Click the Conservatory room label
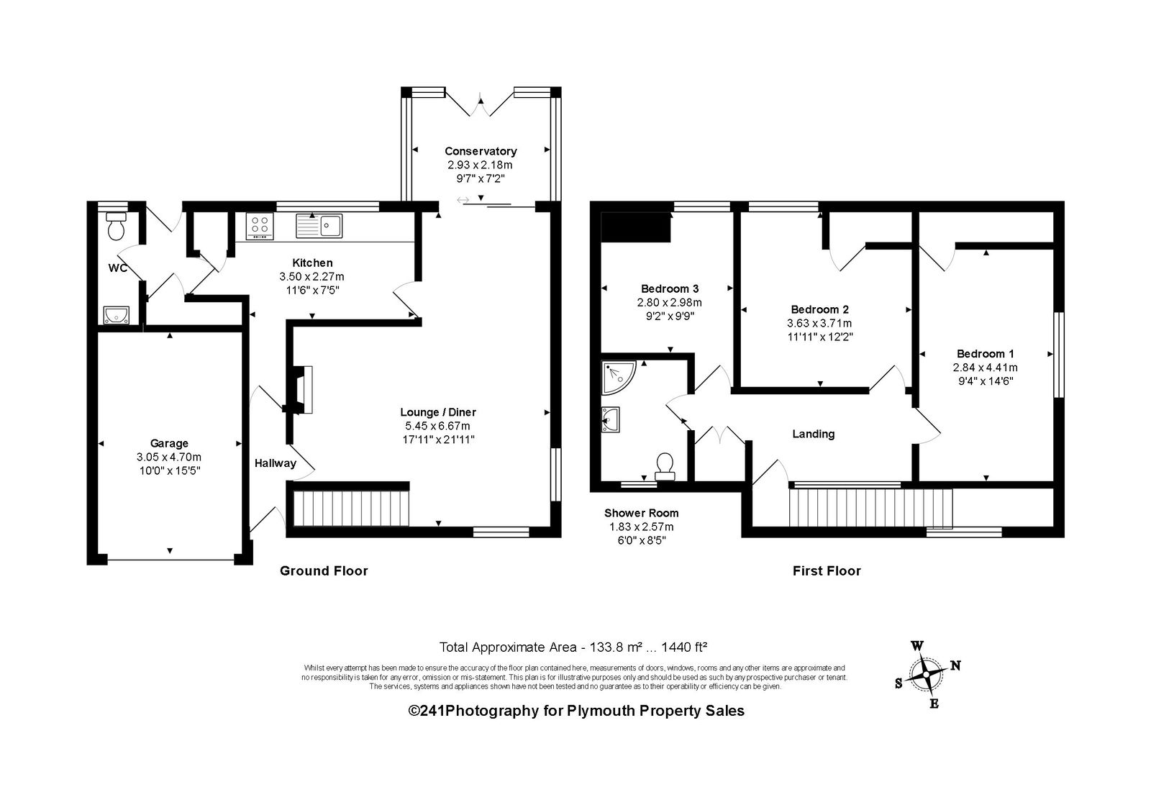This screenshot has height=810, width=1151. point(481,151)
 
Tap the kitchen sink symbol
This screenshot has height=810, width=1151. point(319,226)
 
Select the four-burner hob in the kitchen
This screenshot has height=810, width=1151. point(260,226)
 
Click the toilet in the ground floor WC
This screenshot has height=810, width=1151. point(116,227)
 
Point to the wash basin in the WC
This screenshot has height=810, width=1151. point(116,315)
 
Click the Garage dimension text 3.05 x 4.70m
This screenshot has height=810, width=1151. point(169,457)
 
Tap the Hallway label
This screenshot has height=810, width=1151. point(276,463)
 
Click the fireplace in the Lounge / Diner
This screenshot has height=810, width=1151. point(301,390)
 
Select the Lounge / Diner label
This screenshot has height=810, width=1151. point(438,412)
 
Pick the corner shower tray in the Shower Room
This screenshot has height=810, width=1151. point(619,377)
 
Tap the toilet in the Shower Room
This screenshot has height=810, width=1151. point(665,465)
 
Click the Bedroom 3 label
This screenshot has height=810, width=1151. point(670,289)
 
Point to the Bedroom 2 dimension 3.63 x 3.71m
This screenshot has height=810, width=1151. point(819,323)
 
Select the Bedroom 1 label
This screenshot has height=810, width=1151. point(986,354)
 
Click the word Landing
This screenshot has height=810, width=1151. point(814,434)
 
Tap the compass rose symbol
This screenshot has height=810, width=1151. point(927,674)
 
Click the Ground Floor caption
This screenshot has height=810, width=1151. point(324,570)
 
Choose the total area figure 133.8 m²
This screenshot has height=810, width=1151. point(616,647)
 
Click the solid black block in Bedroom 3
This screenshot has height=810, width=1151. point(636,227)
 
